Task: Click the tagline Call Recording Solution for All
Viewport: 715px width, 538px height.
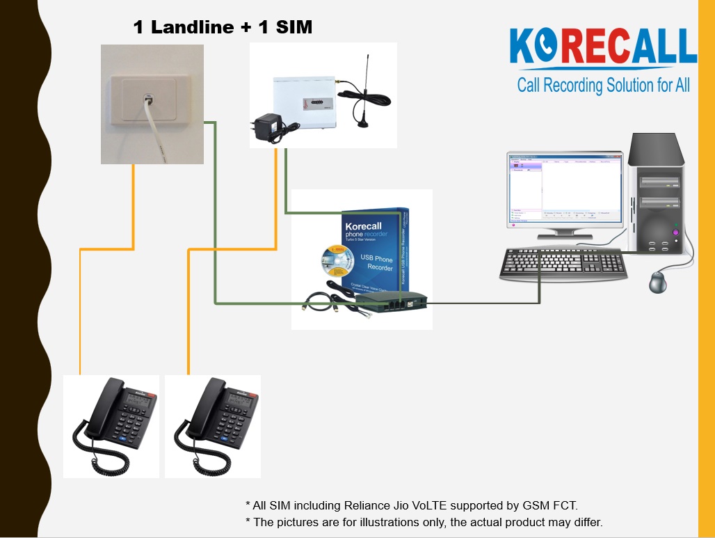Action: [x=603, y=86]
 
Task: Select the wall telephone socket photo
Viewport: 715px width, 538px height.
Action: [x=152, y=104]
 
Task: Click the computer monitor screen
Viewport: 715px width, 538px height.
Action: [x=563, y=189]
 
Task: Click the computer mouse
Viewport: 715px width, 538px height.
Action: [x=659, y=282]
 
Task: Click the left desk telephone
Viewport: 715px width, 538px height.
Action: [x=111, y=426]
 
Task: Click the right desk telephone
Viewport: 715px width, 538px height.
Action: [x=213, y=426]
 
